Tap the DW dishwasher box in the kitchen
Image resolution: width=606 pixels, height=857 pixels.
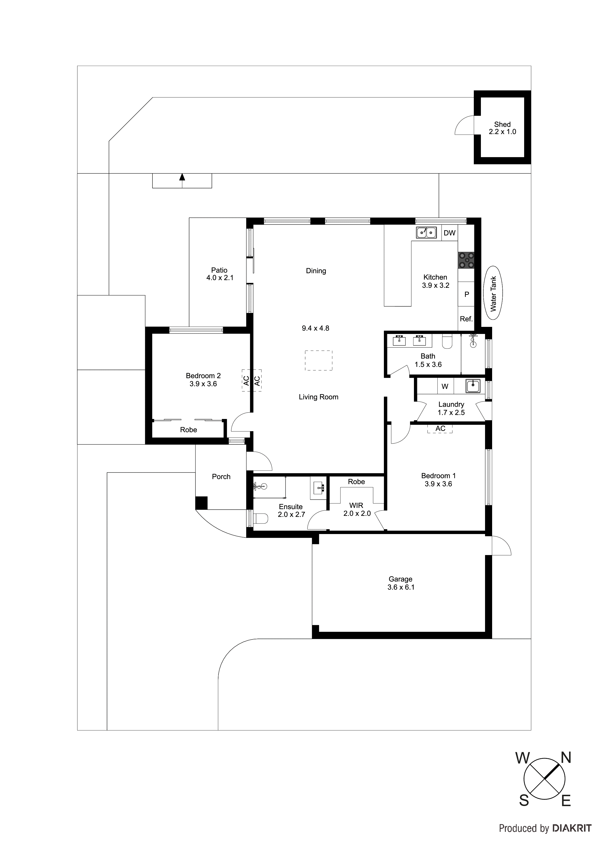[x=450, y=233]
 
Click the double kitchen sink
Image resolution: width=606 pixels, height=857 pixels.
[x=426, y=233]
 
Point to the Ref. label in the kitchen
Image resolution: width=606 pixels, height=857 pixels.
[x=466, y=319]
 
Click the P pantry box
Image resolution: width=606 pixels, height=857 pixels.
[x=466, y=294]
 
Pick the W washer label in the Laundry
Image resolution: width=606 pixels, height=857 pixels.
[x=445, y=386]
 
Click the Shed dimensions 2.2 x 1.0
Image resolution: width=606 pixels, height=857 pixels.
[x=502, y=132]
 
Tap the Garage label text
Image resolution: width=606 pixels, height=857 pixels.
[x=400, y=579]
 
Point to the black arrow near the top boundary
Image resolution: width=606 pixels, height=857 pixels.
[x=182, y=178]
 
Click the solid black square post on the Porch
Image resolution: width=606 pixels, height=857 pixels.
[x=202, y=503]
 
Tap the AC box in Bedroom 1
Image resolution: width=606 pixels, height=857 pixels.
[x=440, y=428]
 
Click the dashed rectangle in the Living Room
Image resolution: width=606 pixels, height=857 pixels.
[x=318, y=360]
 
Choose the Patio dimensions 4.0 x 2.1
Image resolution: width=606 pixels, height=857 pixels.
[x=219, y=278]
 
